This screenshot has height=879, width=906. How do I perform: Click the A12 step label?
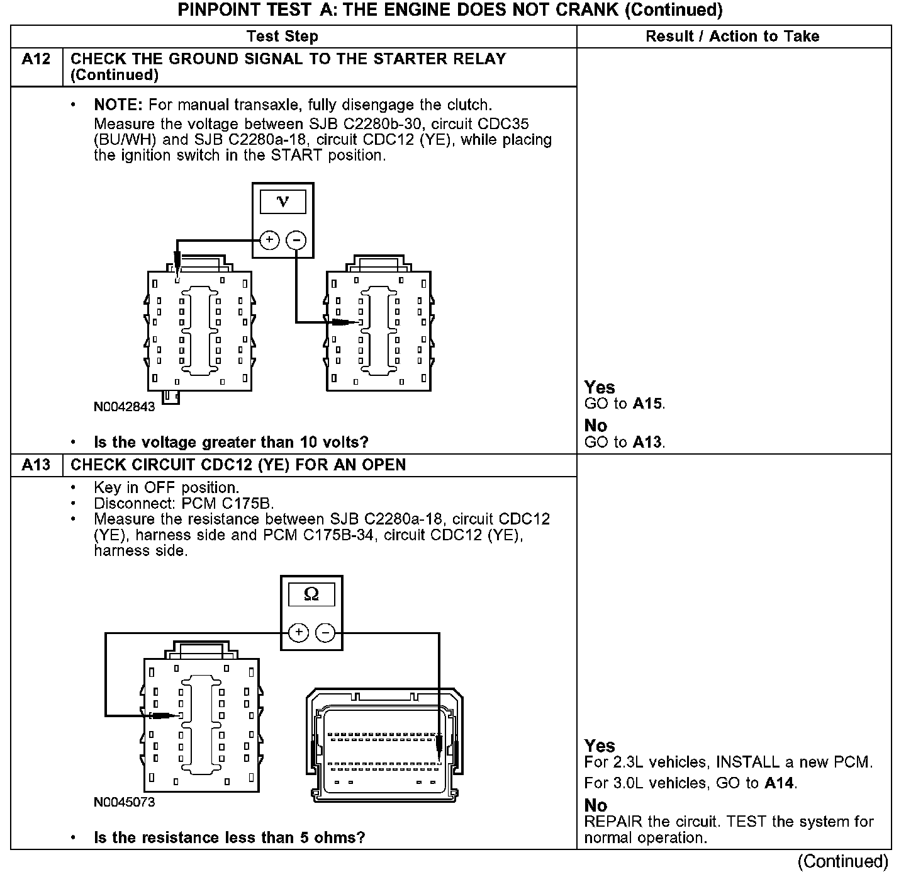click(x=36, y=59)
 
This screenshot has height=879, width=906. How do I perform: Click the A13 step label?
click(x=36, y=465)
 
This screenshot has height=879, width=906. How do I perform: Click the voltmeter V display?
click(x=283, y=201)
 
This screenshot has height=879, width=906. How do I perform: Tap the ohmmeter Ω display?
click(x=311, y=594)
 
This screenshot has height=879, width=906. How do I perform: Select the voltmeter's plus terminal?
click(x=269, y=240)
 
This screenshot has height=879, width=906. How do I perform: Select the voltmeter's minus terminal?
click(x=296, y=240)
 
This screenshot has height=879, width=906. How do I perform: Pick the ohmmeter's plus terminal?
click(x=298, y=632)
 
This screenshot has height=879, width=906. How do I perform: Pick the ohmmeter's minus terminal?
click(x=325, y=632)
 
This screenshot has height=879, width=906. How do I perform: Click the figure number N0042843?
click(x=124, y=407)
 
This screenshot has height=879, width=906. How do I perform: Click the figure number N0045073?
click(x=124, y=802)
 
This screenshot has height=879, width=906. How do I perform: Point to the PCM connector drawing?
click(x=384, y=746)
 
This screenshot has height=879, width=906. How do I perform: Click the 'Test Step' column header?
click(x=282, y=37)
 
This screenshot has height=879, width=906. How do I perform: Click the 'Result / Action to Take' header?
click(x=732, y=37)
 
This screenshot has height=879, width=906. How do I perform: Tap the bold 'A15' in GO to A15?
click(x=647, y=404)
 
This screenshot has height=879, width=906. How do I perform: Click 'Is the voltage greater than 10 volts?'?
click(x=231, y=442)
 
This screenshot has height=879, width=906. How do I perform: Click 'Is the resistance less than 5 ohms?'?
click(x=229, y=837)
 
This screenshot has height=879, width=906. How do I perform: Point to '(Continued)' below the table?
click(x=842, y=861)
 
